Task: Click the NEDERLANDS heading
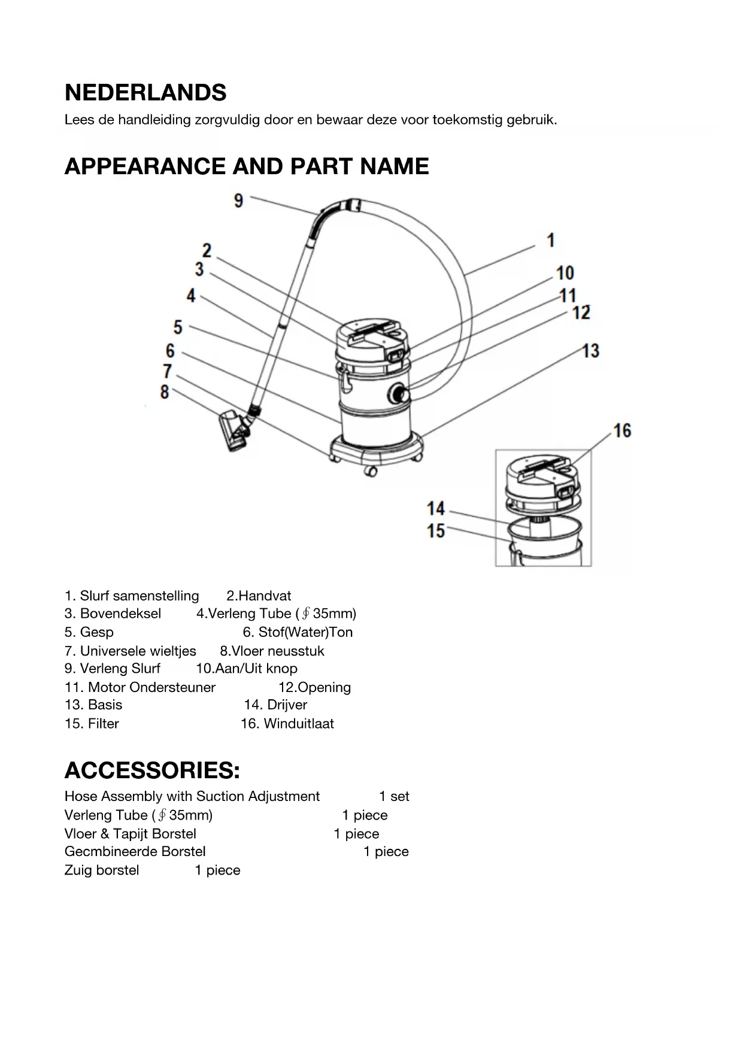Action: (145, 93)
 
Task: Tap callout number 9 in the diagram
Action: (238, 201)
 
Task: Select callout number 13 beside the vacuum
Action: (590, 351)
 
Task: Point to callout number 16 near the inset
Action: (622, 430)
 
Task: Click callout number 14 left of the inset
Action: (435, 509)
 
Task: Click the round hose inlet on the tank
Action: (398, 394)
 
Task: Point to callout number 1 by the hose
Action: (551, 241)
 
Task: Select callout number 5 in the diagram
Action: (178, 327)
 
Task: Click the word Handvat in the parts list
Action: (265, 596)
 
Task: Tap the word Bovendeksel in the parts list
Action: (120, 614)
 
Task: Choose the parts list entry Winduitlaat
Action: (299, 724)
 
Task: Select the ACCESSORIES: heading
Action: (152, 770)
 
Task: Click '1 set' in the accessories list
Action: (394, 797)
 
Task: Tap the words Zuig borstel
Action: (102, 870)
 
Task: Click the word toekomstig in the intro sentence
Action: (467, 120)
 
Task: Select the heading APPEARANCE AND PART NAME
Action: (247, 166)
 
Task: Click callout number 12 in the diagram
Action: (581, 312)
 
